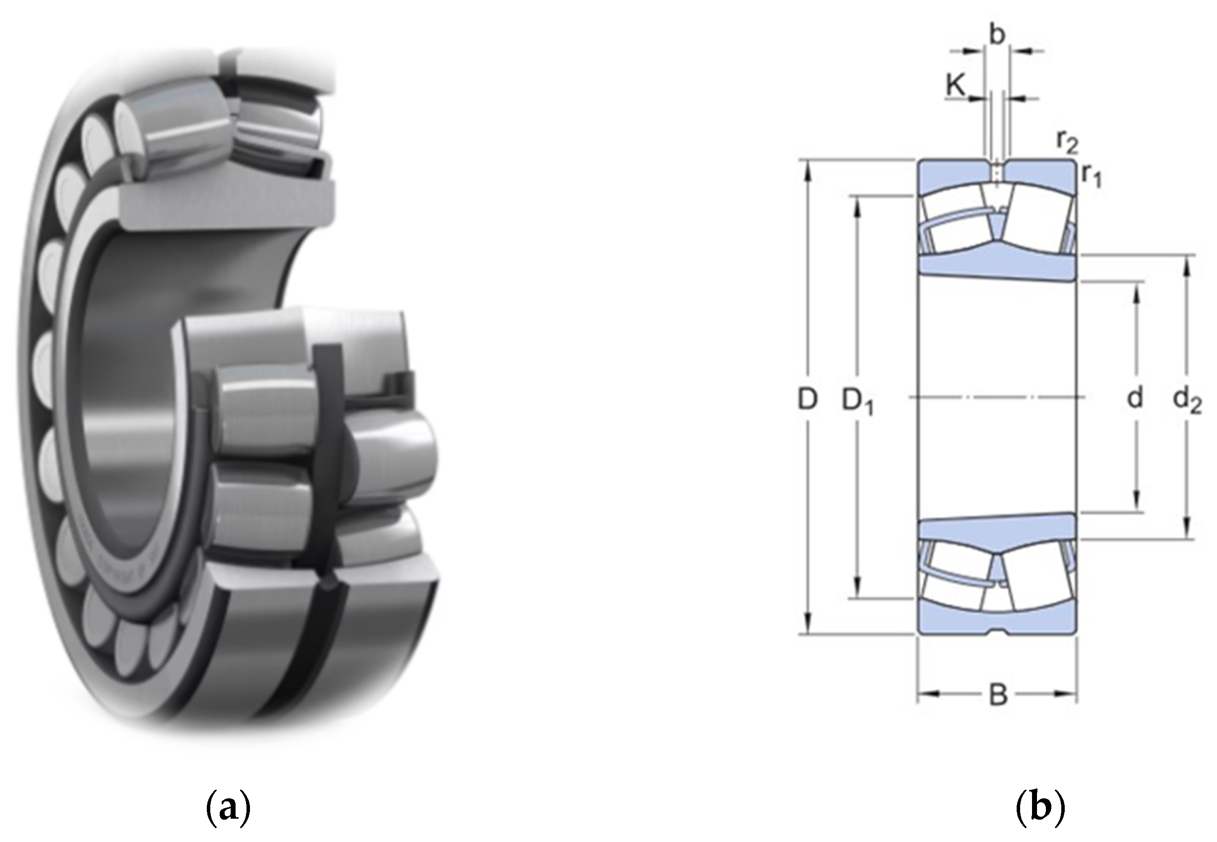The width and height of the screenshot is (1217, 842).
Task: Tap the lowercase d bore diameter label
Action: tap(1135, 398)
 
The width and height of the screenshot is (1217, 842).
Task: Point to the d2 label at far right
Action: tap(1187, 401)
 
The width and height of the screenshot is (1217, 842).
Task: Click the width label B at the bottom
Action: tap(997, 695)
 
